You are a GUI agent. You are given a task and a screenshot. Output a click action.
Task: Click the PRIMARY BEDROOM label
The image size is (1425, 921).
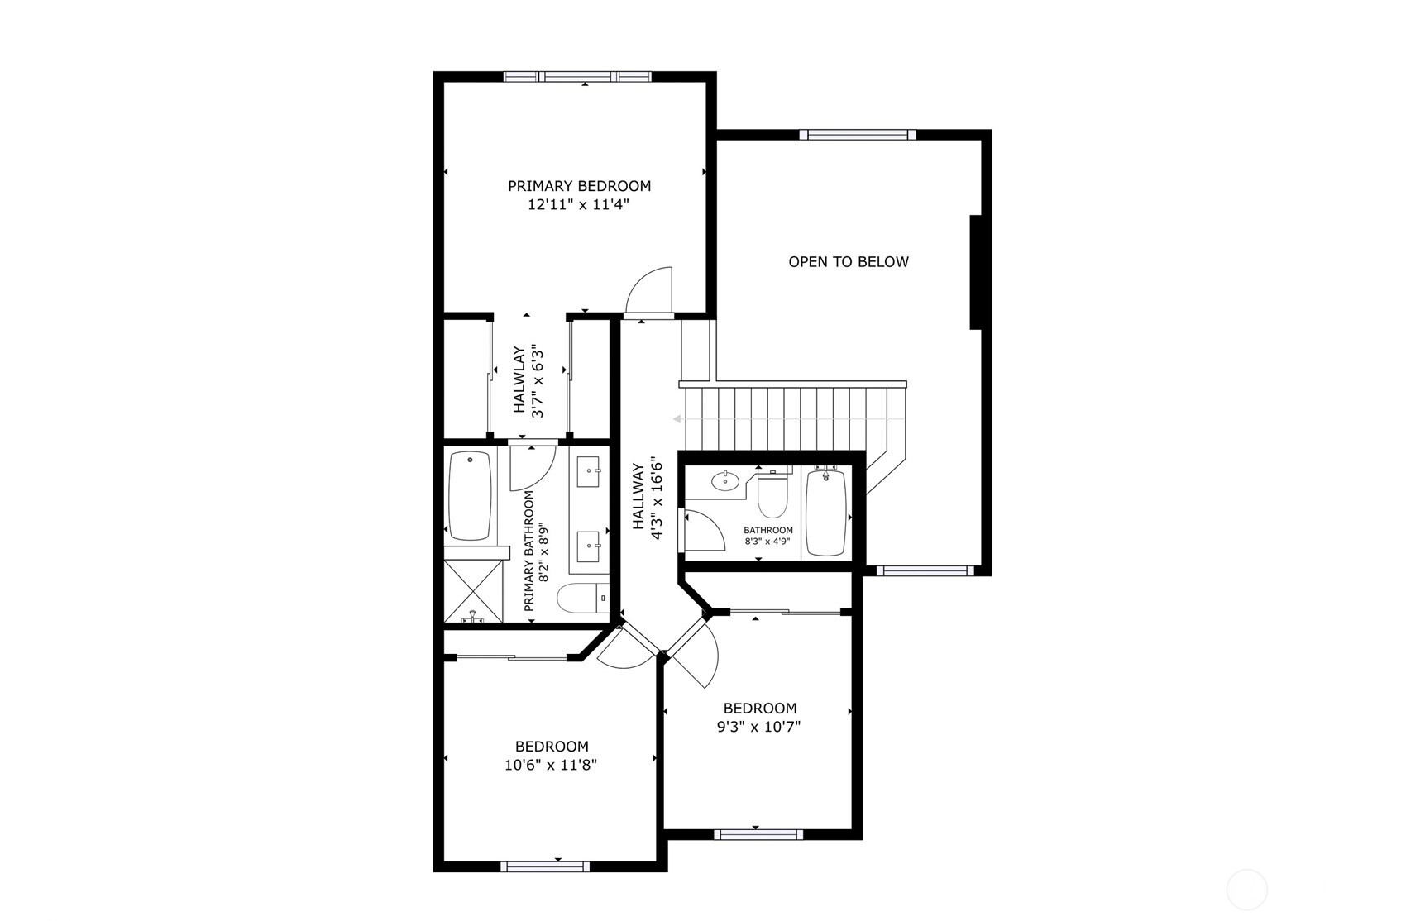(579, 186)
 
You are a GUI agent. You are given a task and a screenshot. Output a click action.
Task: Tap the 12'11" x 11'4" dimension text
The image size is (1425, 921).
(579, 205)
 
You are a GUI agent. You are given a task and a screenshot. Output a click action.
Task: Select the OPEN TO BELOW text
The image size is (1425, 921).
(848, 262)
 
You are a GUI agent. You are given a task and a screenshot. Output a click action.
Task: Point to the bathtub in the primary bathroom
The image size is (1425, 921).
(469, 495)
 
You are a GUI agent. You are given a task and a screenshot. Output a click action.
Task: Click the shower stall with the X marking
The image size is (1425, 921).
(473, 590)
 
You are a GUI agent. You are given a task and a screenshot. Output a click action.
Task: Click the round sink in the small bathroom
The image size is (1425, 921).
(725, 480)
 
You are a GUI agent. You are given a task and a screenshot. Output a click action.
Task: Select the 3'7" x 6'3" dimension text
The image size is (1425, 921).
(538, 380)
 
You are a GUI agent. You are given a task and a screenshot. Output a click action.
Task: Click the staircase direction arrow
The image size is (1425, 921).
(786, 419)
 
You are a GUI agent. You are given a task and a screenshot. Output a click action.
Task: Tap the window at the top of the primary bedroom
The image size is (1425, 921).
(577, 77)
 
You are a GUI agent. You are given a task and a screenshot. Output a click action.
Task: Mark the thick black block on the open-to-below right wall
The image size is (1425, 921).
(976, 272)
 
